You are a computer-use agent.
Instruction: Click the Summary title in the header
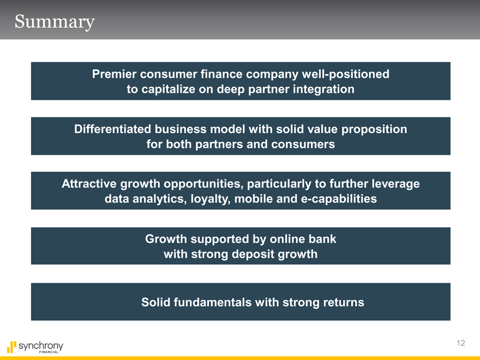click(x=55, y=22)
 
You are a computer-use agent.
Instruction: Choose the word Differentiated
click(x=112, y=129)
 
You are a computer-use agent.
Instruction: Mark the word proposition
click(x=374, y=130)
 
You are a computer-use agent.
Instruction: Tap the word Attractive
click(x=89, y=184)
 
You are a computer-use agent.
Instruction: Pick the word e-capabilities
click(x=339, y=199)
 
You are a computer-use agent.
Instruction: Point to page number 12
click(x=461, y=343)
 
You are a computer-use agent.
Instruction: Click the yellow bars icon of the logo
click(x=11, y=347)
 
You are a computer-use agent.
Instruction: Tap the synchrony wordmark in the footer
click(x=41, y=346)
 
